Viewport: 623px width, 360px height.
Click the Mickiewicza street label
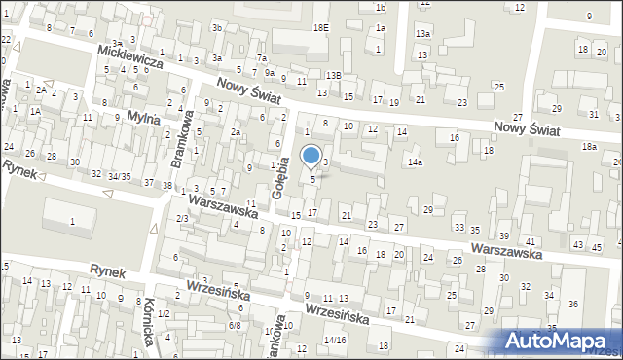pyautogui.click(x=135, y=61)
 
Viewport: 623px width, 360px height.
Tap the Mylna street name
pyautogui.click(x=143, y=118)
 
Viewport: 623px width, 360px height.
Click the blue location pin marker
pyautogui.click(x=311, y=156)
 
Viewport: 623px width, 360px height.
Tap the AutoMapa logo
pyautogui.click(x=563, y=341)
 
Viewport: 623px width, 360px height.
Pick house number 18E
pyautogui.click(x=320, y=28)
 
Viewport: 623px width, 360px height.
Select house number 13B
pyautogui.click(x=334, y=75)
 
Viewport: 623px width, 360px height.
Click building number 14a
pyautogui.click(x=415, y=162)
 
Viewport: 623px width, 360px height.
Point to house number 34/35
pyautogui.click(x=119, y=176)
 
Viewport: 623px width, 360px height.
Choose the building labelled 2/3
pyautogui.click(x=182, y=218)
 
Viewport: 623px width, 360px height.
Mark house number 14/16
pyautogui.click(x=335, y=340)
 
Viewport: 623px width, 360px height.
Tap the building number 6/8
pyautogui.click(x=235, y=326)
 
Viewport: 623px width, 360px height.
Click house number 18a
pyautogui.click(x=589, y=146)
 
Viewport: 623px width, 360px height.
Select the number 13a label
pyautogui.click(x=422, y=34)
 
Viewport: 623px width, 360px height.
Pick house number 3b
pyautogui.click(x=218, y=28)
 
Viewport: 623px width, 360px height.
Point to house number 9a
pyautogui.click(x=268, y=72)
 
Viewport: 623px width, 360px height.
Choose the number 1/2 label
pyautogui.click(x=164, y=313)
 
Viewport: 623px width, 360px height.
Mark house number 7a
pyautogui.click(x=261, y=58)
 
